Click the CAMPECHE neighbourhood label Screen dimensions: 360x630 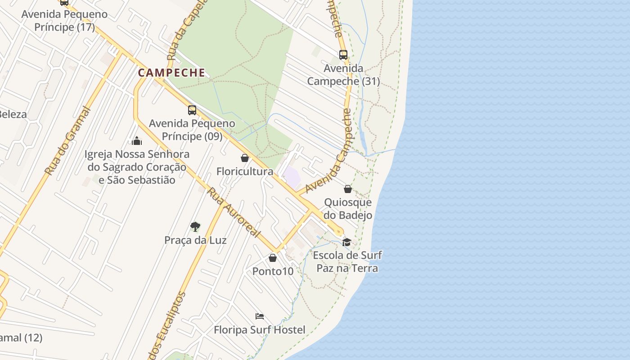click(171, 72)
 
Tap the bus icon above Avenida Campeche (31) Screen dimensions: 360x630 click(343, 55)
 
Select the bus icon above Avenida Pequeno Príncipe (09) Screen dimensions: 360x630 click(192, 110)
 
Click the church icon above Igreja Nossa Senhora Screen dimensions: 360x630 click(137, 141)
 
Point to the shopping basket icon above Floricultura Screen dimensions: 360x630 click(245, 158)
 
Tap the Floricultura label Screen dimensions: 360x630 click(245, 171)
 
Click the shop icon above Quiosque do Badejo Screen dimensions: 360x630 click(348, 189)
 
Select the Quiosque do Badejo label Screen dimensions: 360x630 click(348, 209)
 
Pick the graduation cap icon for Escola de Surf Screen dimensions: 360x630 click(346, 242)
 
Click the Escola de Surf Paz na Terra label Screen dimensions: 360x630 click(347, 262)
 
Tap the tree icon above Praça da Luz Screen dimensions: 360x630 click(195, 226)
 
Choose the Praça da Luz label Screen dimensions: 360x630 click(195, 240)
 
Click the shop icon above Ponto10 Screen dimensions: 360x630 click(273, 258)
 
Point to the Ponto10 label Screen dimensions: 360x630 click(273, 271)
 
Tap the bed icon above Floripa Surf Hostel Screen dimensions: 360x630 click(260, 316)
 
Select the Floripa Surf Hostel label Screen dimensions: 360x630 click(260, 330)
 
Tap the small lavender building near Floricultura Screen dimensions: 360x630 click(292, 177)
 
